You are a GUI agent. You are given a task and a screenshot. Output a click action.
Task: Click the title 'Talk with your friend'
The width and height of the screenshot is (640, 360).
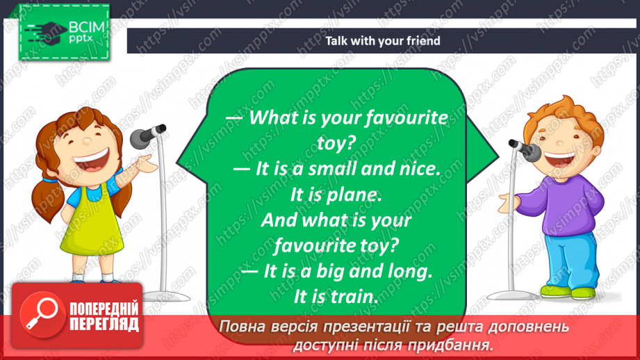coord(382,41)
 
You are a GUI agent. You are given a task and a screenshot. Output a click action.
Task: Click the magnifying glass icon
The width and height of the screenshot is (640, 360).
coord(42,314)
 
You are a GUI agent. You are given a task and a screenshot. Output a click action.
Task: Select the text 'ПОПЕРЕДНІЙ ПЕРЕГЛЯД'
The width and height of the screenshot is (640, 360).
coord(104,316)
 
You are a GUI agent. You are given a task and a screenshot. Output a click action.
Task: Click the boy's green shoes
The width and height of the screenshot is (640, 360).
coord(568,291)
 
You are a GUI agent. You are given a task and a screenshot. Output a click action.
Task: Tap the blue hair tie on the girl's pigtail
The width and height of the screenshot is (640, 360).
coord(50,179)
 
